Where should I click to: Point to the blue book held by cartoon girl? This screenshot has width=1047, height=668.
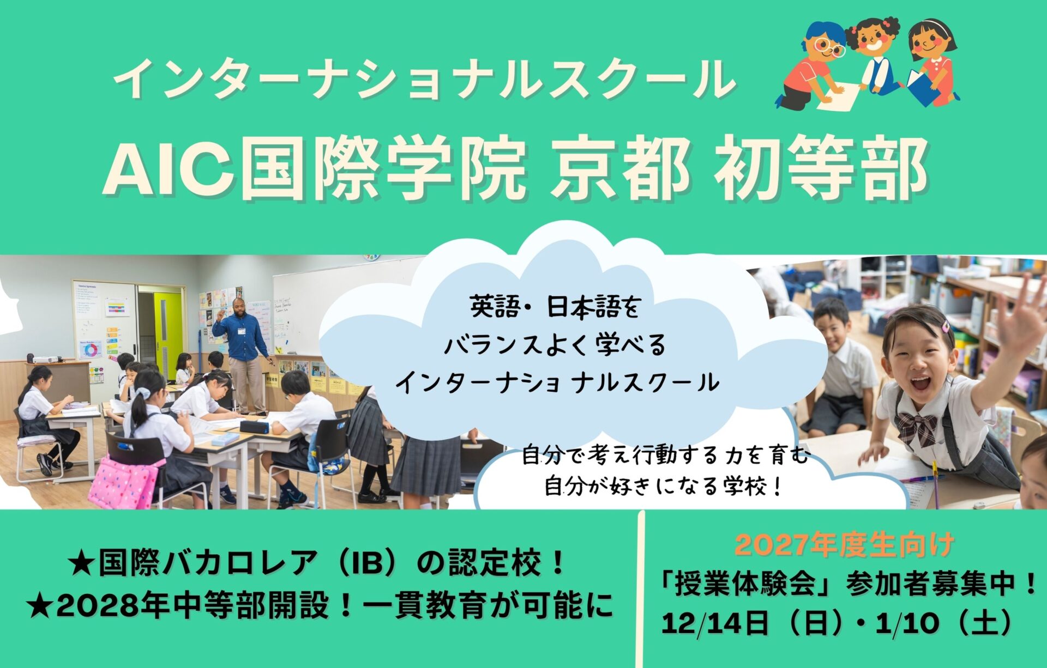point(923,87)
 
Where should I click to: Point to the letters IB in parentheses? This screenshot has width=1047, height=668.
point(369,563)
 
